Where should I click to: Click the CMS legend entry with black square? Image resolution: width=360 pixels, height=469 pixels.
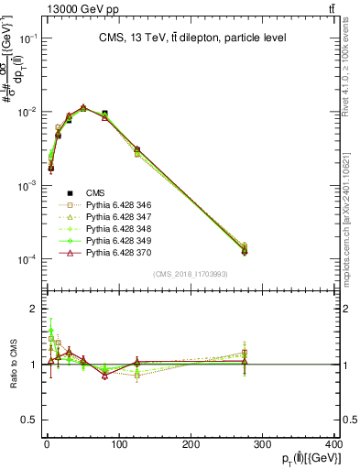click(x=95, y=192)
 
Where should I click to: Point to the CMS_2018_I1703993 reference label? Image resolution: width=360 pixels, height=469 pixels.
click(x=191, y=274)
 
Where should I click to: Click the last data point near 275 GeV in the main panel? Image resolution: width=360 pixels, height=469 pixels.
click(x=245, y=250)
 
